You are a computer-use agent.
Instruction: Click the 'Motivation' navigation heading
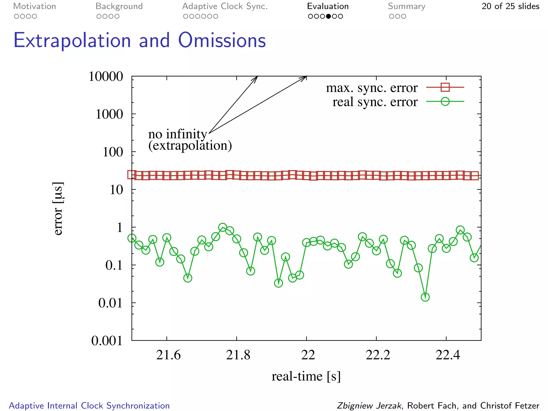[35, 6]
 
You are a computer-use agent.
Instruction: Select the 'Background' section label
[119, 6]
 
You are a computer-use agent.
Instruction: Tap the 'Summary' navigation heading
[406, 6]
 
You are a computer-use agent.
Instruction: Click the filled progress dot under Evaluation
[328, 16]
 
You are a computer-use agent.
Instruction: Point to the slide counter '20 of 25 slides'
[510, 6]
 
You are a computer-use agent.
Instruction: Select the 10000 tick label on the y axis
[106, 77]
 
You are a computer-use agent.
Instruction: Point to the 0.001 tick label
[107, 341]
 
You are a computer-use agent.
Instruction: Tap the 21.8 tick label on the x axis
[238, 355]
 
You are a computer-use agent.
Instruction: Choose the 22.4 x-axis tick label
[448, 355]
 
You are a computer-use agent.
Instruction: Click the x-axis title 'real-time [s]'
[306, 376]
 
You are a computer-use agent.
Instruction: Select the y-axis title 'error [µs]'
[58, 209]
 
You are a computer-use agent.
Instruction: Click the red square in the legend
[445, 87]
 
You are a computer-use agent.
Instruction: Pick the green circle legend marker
[445, 101]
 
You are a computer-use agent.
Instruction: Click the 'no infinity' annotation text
[177, 134]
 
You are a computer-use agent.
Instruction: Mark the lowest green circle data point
[425, 297]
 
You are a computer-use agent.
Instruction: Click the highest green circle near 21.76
[223, 228]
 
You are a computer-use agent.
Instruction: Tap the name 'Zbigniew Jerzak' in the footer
[369, 406]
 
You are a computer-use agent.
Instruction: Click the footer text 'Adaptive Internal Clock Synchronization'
[89, 406]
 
